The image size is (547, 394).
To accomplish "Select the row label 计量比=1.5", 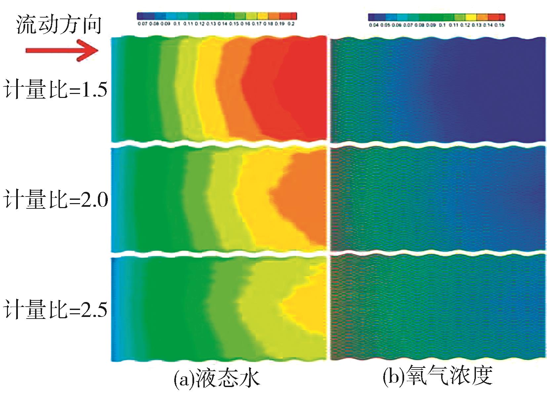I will pyautogui.click(x=55, y=90).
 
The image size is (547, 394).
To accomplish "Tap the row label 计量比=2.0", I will pyautogui.click(x=56, y=199).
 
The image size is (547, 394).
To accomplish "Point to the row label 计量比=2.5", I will pyautogui.click(x=55, y=309).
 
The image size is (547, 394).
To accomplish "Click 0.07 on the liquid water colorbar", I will pyautogui.click(x=143, y=24).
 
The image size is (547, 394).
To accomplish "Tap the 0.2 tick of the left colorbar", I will pyautogui.click(x=291, y=24).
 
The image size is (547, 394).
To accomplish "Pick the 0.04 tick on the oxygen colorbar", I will pyautogui.click(x=374, y=25).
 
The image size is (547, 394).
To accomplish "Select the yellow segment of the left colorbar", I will pyautogui.click(x=263, y=16).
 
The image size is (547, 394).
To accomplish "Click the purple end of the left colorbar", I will pyautogui.click(x=141, y=16).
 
